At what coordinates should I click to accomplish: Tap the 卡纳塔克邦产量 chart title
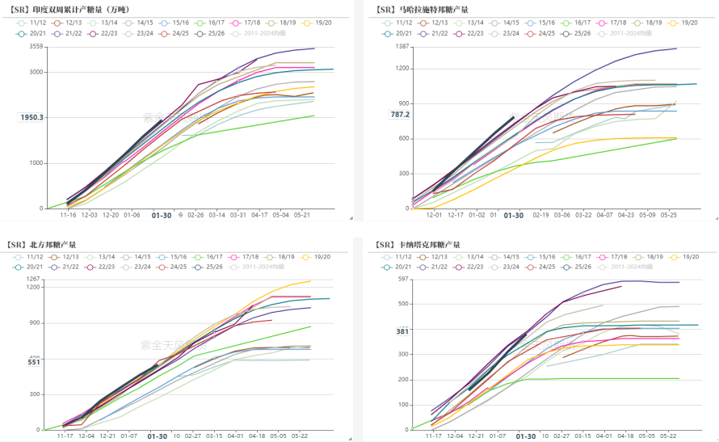click(422, 244)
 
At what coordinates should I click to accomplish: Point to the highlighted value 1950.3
click(32, 117)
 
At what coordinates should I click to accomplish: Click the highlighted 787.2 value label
click(400, 115)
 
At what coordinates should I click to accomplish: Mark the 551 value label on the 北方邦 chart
click(35, 362)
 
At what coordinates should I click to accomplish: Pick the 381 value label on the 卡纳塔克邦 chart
click(402, 331)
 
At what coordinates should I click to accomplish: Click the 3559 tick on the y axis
click(36, 47)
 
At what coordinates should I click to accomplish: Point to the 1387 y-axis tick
click(402, 47)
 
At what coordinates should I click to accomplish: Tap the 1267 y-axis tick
click(33, 280)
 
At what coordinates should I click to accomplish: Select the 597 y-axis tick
click(403, 280)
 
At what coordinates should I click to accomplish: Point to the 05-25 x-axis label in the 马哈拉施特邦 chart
click(668, 215)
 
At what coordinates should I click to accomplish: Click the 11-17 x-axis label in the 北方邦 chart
click(65, 435)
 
